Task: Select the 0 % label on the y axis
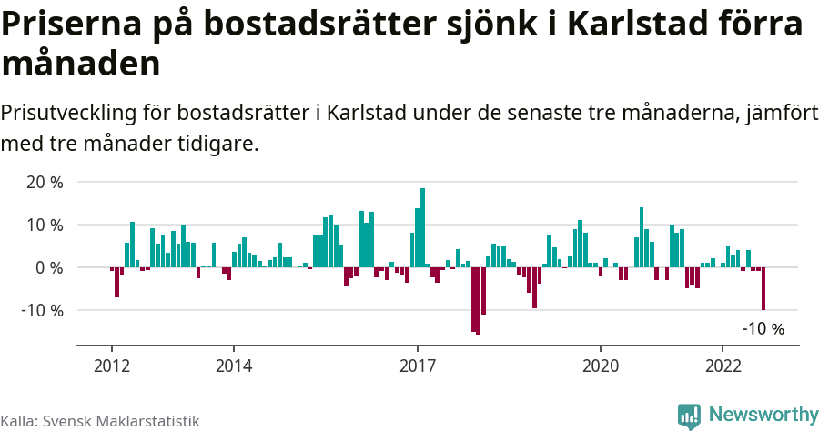(x=49, y=267)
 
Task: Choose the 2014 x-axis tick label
(x=234, y=366)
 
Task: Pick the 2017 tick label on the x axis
(x=418, y=366)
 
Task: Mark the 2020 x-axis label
(x=601, y=366)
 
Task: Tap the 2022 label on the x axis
(x=723, y=366)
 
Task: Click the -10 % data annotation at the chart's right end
(x=763, y=329)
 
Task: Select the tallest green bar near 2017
(x=423, y=227)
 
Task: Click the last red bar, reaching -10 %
(x=763, y=289)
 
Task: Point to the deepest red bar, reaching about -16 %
(x=479, y=301)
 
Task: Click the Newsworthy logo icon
(x=689, y=416)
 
